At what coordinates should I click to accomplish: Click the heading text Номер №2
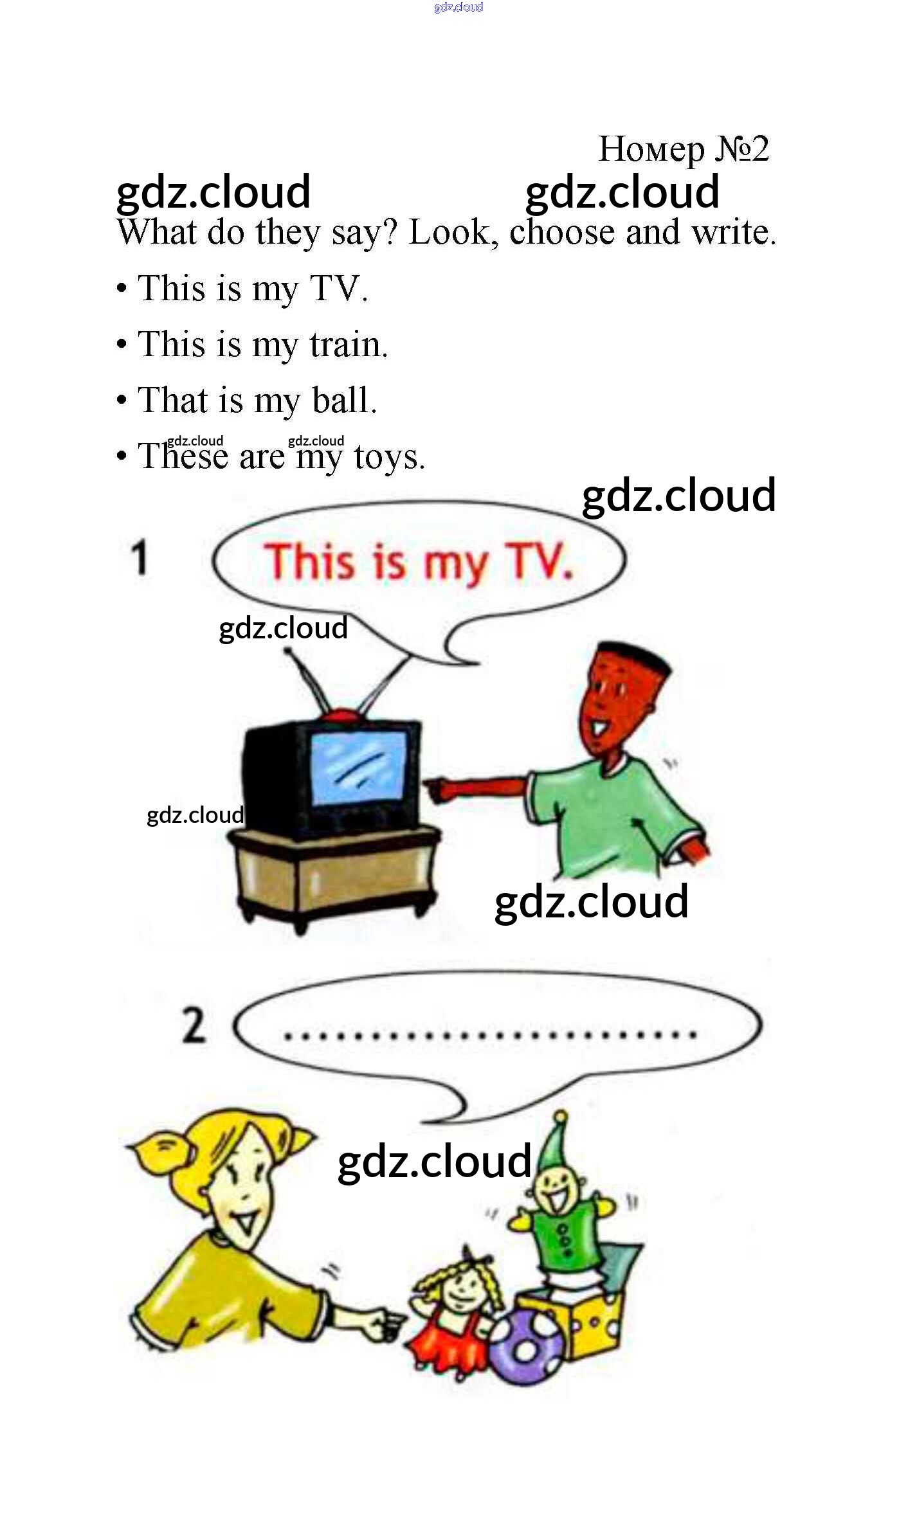684,150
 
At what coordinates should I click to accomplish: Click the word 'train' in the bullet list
349,345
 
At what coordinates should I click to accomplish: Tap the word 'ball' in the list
344,400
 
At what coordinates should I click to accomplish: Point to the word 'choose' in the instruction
562,232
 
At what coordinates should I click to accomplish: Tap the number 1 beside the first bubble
140,557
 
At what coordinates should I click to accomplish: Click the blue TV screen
358,769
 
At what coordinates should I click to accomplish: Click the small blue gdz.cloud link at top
459,7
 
